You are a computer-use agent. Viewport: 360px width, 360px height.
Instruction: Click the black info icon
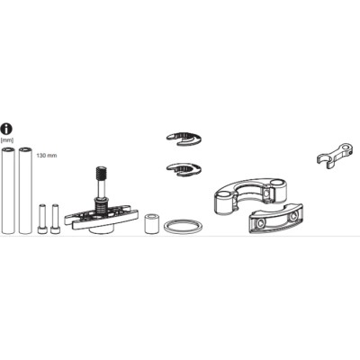7,129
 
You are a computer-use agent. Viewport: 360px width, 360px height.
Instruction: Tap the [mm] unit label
7,139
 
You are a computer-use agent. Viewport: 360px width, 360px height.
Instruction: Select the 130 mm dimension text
47,156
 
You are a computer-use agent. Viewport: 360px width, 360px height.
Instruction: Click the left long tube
8,190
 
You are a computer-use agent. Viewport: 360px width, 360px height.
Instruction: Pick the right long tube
25,190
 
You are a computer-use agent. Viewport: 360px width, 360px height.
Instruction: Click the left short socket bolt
41,219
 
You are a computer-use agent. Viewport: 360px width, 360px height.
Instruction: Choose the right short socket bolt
55,219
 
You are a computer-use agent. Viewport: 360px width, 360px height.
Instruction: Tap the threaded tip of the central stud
102,173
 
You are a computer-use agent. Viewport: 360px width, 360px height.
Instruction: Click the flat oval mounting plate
102,216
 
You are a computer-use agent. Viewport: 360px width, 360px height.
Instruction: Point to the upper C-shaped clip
184,139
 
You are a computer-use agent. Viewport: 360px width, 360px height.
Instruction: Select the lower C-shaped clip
184,169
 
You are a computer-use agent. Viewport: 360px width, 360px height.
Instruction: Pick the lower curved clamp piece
276,219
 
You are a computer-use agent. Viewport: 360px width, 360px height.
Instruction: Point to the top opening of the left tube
8,149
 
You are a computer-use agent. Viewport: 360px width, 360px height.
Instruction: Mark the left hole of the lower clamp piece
261,222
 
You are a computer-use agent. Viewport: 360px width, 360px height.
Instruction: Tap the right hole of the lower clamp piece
293,216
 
